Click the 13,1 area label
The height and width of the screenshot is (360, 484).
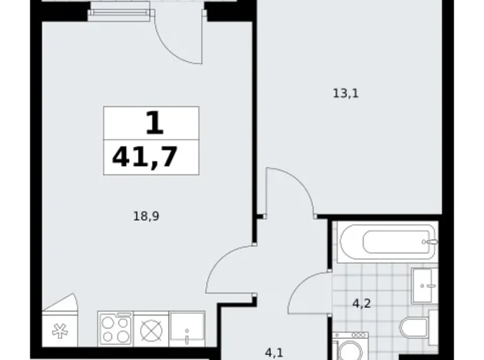click(x=346, y=94)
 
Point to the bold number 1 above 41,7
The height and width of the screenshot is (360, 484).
click(x=154, y=123)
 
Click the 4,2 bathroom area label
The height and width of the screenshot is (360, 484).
click(x=362, y=305)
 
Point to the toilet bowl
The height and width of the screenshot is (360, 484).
click(x=415, y=328)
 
